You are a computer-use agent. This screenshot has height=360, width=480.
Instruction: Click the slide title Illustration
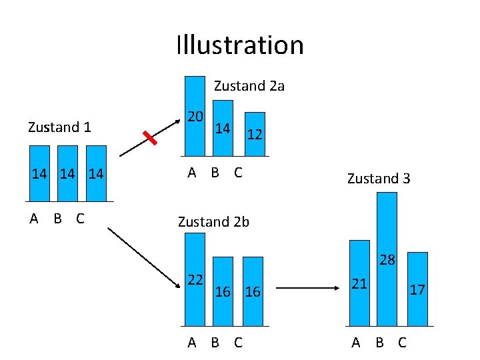[240, 45]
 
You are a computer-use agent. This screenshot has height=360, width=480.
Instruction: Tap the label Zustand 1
[59, 127]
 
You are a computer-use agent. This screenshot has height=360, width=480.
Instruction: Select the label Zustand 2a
[249, 86]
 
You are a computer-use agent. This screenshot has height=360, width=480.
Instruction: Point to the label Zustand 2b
[213, 222]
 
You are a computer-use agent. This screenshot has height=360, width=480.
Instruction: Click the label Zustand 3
[379, 178]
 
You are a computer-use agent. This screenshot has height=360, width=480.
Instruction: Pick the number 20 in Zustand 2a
[195, 116]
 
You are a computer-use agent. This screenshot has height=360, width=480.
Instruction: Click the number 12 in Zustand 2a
[254, 135]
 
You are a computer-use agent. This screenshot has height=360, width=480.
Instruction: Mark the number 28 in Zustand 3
[387, 260]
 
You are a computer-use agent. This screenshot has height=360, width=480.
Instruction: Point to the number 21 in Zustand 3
[359, 284]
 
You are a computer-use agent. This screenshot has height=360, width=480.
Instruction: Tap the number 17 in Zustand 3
[417, 290]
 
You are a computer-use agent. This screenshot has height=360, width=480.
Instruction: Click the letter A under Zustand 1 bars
[33, 219]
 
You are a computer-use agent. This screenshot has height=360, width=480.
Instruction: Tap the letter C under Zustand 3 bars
[401, 343]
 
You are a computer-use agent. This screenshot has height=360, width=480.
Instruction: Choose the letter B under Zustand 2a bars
[215, 173]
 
